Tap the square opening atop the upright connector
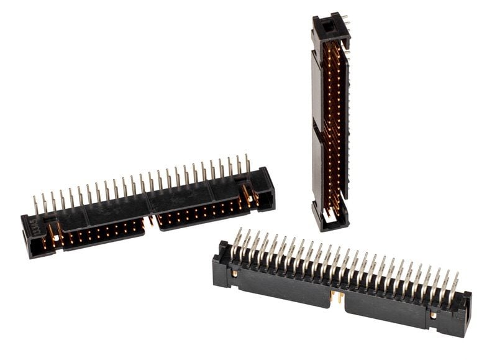[x=327, y=26]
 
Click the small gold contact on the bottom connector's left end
[x=235, y=273]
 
